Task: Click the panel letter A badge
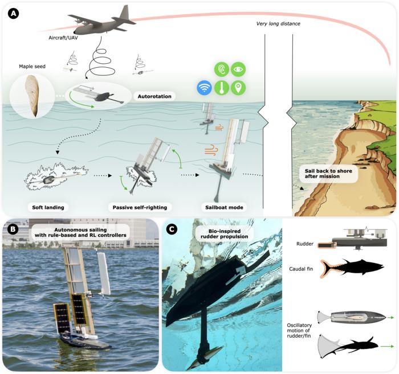(x=14, y=14)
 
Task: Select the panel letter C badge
(x=172, y=229)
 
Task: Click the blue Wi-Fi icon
(x=204, y=88)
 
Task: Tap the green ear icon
(x=221, y=69)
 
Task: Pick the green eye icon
(x=238, y=69)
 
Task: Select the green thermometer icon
(x=221, y=88)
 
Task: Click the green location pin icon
(x=238, y=88)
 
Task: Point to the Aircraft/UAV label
(x=63, y=38)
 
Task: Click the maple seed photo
(x=32, y=95)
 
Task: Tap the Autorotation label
(x=154, y=96)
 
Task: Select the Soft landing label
(x=48, y=207)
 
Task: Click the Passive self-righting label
(x=140, y=207)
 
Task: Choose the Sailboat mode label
(x=224, y=207)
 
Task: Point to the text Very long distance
(x=278, y=24)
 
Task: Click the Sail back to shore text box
(x=328, y=174)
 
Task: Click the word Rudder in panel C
(x=304, y=244)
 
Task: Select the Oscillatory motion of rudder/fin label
(x=299, y=330)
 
